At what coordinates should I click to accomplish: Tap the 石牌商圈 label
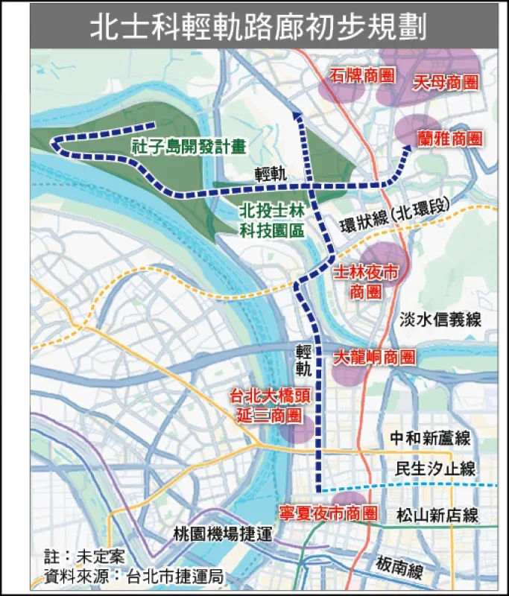[361, 75]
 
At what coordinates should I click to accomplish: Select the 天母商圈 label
[445, 83]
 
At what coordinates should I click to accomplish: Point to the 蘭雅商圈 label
[449, 138]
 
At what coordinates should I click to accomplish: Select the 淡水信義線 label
[440, 320]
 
